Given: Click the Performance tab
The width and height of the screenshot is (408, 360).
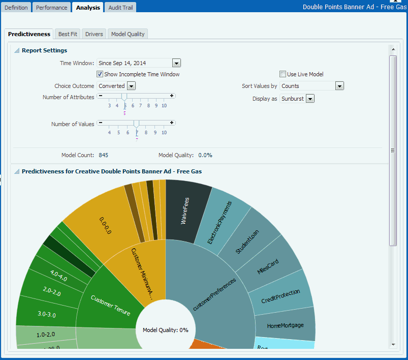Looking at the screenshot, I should tap(52, 8).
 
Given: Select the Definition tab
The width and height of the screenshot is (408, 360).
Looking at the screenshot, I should tap(16, 8).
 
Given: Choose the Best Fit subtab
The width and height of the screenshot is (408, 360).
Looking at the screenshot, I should tap(68, 34).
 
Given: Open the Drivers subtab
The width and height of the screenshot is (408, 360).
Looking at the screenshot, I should tap(94, 34).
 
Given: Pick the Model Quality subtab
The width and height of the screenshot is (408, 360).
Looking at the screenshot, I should tap(128, 34).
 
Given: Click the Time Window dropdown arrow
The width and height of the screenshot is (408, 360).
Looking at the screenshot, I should tap(176, 63).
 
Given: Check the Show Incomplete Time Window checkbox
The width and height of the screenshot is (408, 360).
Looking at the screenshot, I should tap(100, 74).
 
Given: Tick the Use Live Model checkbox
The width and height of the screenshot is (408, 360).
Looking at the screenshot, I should tap(283, 74).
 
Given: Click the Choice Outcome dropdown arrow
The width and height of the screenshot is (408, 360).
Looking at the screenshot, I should tap(132, 86).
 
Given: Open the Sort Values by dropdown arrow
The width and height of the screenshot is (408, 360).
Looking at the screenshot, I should tap(340, 86).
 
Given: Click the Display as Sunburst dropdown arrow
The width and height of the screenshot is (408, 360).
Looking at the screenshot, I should tap(310, 99).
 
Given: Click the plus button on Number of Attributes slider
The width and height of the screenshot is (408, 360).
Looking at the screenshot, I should tap(172, 96).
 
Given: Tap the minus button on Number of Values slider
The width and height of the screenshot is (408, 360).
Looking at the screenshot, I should tap(101, 123).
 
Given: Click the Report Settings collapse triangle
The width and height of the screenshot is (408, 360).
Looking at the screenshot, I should tap(17, 50).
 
